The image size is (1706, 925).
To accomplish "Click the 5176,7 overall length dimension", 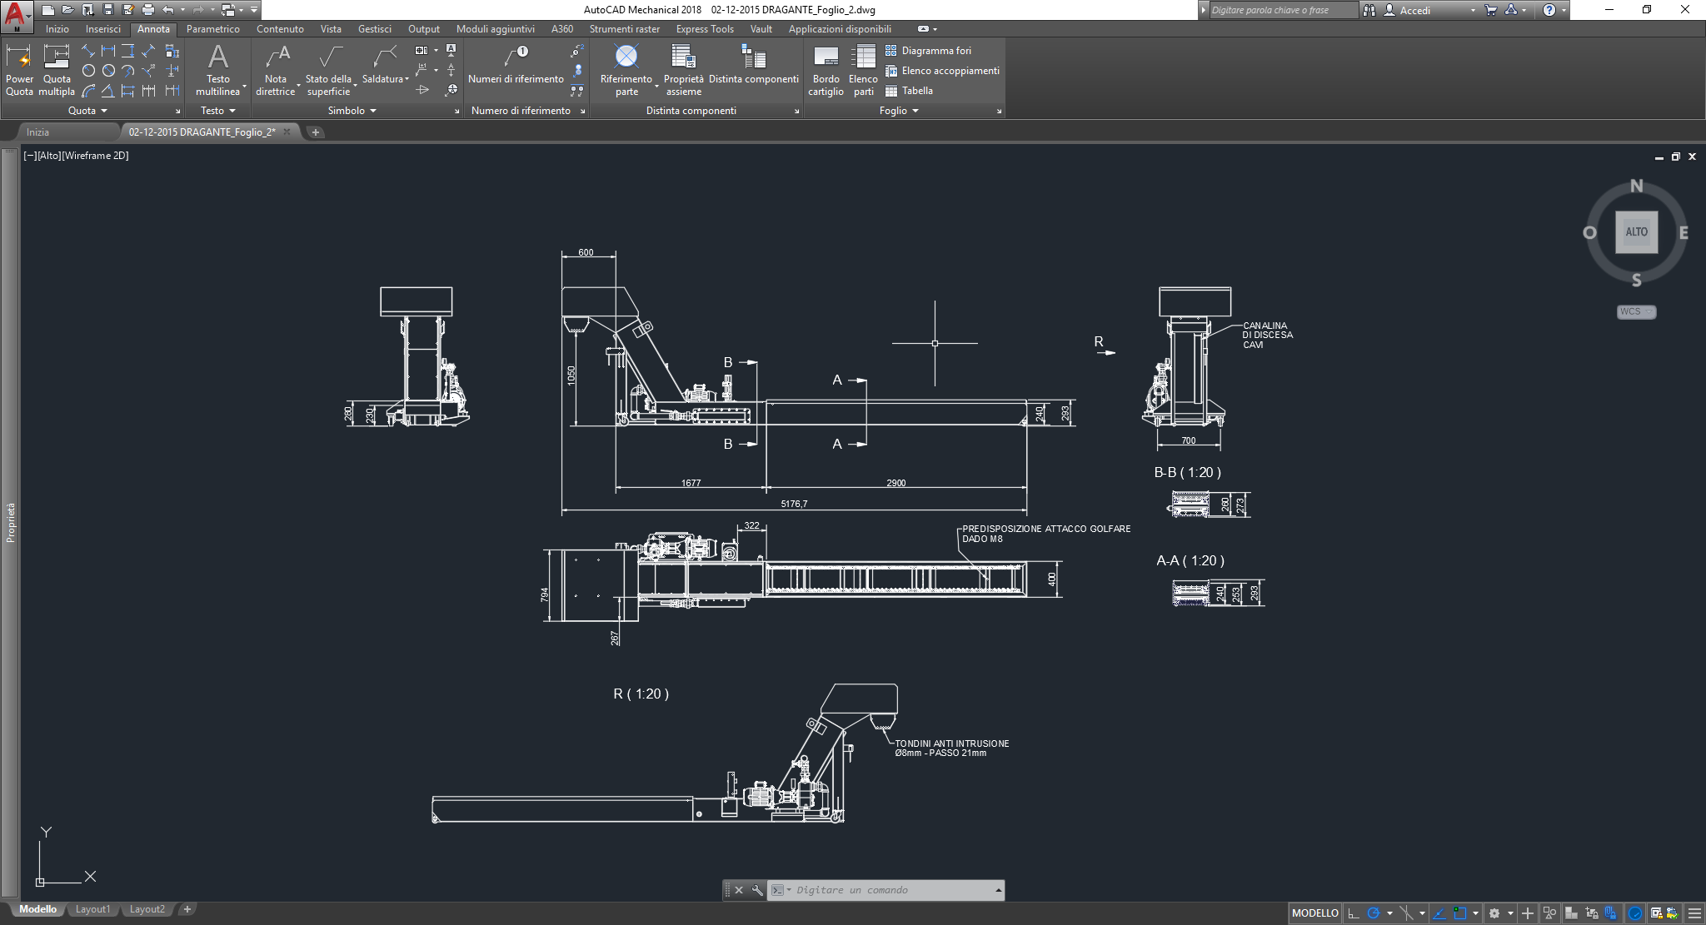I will point(794,504).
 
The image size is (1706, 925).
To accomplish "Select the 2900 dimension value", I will point(895,483).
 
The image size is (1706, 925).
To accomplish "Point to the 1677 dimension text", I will point(691,483).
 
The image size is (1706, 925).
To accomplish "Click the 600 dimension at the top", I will point(586,252).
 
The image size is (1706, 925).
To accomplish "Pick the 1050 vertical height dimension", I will point(571,375).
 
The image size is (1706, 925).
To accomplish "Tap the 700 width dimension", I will point(1188,440).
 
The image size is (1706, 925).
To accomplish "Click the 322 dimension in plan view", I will point(751,525).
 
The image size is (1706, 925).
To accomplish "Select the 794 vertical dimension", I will point(545,594).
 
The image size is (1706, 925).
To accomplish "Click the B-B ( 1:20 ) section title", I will point(1187,472).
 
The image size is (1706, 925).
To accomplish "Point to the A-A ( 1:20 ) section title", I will point(1190,560).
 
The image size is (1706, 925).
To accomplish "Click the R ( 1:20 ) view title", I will point(641,694).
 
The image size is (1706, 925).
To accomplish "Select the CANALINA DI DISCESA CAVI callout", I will point(1267,335).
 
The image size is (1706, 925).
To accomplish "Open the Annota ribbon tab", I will point(153,29).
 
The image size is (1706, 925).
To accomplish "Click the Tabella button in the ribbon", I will point(916,91).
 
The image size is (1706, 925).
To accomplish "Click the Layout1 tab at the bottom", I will point(92,909).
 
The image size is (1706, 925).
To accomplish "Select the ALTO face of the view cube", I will point(1636,232).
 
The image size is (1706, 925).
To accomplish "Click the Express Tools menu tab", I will point(704,29).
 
